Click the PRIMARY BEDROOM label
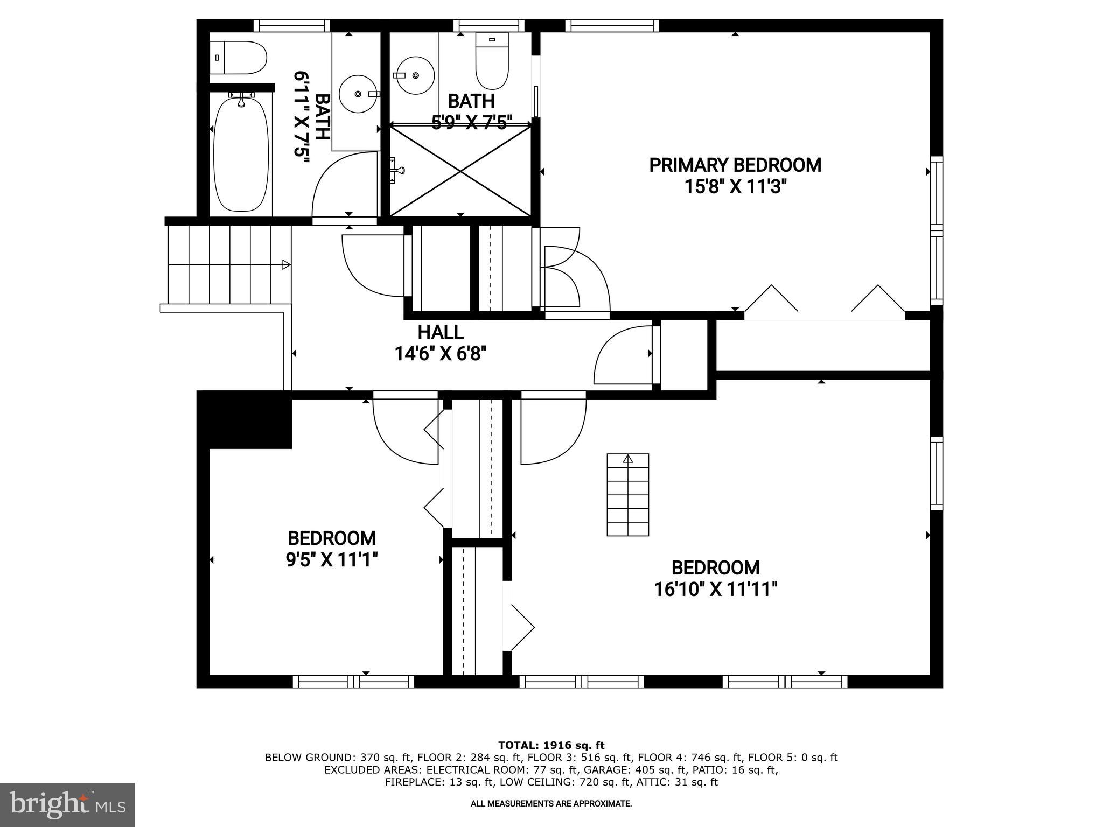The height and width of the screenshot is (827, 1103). coord(735,165)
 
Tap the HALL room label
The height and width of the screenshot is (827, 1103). coord(440,332)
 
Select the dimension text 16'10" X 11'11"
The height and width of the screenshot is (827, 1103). coord(715,590)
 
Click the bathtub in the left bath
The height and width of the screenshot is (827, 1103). coord(241,155)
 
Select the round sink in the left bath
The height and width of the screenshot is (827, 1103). coord(358,94)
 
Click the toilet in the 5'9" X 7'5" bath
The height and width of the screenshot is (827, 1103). coord(492,60)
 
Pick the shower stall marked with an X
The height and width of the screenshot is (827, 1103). coord(460,171)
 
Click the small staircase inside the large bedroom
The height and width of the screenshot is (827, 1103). coord(627,495)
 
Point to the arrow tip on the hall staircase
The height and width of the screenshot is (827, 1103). coord(286,264)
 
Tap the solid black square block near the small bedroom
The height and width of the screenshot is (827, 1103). coord(245,419)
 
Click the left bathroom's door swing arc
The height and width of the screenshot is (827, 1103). coord(339,183)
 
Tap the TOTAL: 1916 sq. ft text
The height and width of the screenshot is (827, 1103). coord(551,746)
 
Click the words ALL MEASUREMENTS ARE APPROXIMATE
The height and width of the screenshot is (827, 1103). coord(551,804)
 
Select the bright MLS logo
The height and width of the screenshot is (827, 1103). coord(67,805)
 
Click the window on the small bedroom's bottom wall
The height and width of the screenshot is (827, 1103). coord(353,682)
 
